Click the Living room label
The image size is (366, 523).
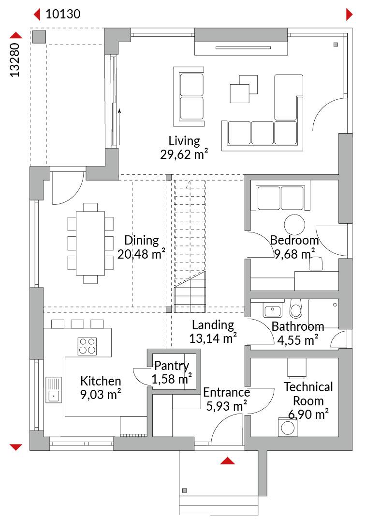(184, 141)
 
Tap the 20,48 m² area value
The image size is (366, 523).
(141, 254)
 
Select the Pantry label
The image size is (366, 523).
(172, 366)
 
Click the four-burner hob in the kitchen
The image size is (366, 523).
(87, 346)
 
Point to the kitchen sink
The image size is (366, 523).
(54, 390)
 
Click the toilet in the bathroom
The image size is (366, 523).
(296, 308)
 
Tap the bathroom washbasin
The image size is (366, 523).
(273, 310)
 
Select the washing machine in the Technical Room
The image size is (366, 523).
(288, 427)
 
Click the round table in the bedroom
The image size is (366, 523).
(294, 225)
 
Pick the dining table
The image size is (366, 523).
(90, 243)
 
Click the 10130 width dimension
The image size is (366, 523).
(63, 14)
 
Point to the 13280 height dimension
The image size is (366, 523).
(15, 60)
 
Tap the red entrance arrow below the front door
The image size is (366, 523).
(227, 461)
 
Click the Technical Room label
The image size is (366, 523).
(308, 394)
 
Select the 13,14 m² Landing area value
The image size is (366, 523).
(213, 338)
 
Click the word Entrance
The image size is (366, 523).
(226, 392)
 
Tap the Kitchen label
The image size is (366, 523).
(101, 381)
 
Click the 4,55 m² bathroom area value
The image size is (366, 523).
(298, 340)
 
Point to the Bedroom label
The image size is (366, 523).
(294, 240)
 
